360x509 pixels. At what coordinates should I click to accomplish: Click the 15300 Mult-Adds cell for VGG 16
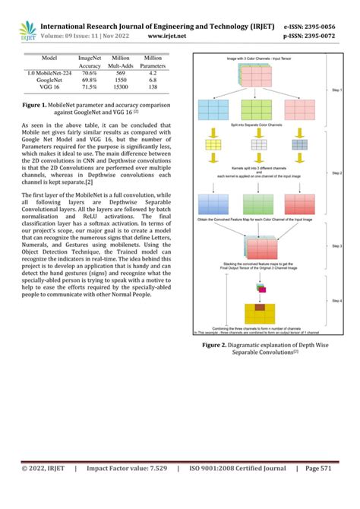click(x=120, y=87)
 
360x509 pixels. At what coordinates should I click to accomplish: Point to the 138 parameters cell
click(x=152, y=87)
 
